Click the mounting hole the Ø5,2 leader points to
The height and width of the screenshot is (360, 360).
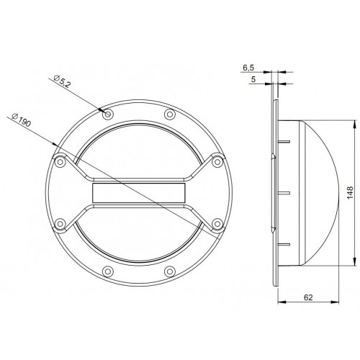point(107,114)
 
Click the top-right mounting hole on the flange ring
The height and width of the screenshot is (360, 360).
point(169,114)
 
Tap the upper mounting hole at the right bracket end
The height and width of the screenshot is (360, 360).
point(215,161)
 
